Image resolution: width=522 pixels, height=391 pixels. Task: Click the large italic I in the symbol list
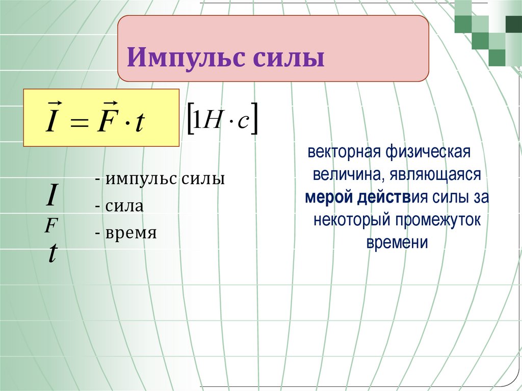click(51, 196)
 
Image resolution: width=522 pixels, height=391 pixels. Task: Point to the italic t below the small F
click(51, 252)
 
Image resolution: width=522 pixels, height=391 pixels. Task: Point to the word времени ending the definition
click(396, 243)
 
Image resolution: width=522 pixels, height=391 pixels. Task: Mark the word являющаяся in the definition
click(436, 175)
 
